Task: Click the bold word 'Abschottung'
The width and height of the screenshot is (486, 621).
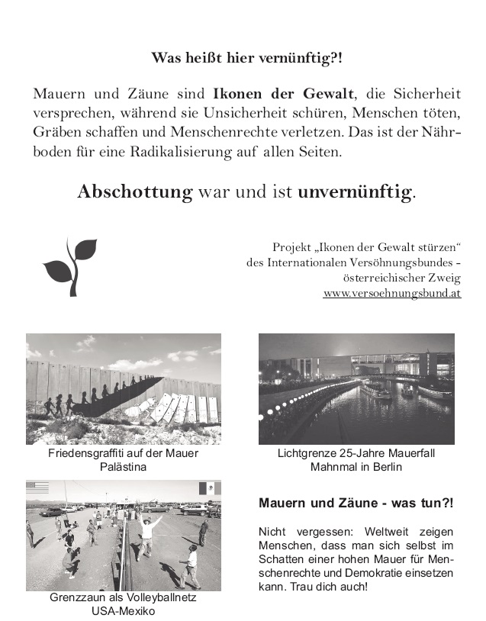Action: pos(135,191)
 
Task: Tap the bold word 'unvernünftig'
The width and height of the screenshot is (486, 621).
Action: pos(356,191)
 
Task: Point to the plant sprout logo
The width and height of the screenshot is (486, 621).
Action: pos(69,265)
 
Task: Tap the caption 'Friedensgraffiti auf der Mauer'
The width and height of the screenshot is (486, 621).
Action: pos(123,454)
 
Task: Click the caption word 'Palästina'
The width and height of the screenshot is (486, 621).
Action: pos(123,467)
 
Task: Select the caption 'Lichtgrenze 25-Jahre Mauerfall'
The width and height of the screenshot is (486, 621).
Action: pos(356,454)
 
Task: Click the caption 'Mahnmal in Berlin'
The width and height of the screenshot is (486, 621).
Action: pos(356,467)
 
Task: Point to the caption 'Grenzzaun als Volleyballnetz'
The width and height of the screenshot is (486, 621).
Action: pos(123,598)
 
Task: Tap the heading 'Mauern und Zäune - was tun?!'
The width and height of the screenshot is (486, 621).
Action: pos(356,504)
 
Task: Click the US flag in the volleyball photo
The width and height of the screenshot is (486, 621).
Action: pos(37,487)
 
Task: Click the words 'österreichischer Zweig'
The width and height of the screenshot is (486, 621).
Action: pos(402,278)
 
